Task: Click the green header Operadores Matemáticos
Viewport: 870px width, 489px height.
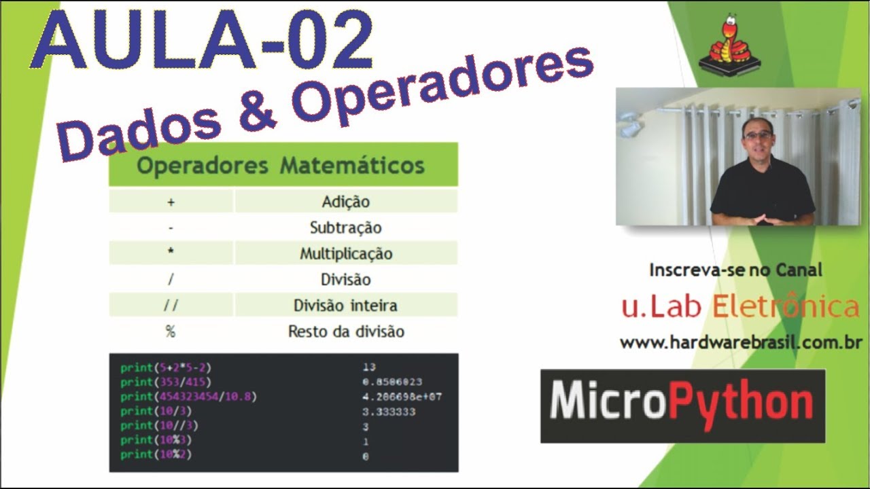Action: (x=281, y=166)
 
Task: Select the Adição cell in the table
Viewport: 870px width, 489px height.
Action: (x=345, y=202)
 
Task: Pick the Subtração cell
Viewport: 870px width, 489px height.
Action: (x=345, y=228)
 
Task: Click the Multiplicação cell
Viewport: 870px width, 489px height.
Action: (x=346, y=254)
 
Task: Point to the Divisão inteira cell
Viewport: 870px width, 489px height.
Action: (x=345, y=306)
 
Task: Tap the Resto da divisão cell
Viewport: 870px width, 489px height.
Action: (x=346, y=331)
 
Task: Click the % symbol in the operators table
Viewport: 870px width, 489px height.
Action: (x=170, y=331)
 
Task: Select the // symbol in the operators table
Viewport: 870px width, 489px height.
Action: (x=171, y=306)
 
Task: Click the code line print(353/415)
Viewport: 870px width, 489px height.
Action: (x=166, y=382)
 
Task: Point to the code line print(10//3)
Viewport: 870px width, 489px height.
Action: (x=160, y=425)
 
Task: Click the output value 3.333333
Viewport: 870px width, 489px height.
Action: (x=389, y=411)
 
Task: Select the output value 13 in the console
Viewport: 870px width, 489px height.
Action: (x=369, y=367)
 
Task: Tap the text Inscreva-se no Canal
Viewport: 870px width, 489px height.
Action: (x=735, y=270)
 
